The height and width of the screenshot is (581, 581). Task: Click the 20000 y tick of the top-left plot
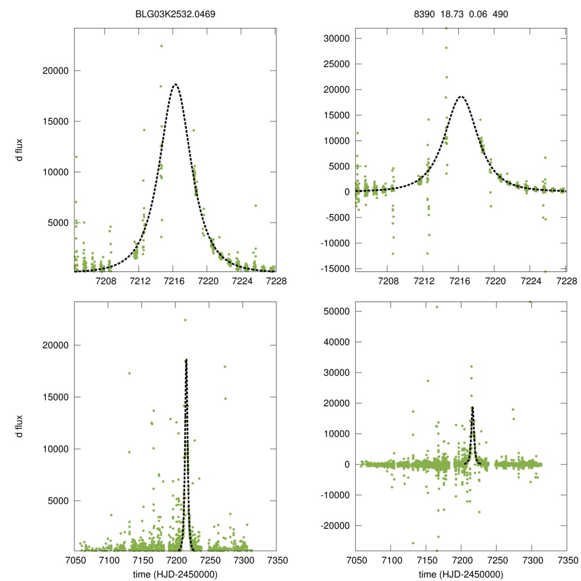[x=56, y=70]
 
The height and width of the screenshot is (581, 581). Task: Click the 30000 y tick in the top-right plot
[x=335, y=39]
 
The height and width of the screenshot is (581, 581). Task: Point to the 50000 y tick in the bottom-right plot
[x=335, y=311]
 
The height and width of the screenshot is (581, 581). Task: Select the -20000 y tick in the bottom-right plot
[x=334, y=526]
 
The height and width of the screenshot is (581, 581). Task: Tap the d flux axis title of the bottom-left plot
[x=19, y=427]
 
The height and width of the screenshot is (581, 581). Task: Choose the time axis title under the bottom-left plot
[x=175, y=574]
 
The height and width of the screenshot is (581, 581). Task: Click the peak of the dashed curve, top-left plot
[x=175, y=84]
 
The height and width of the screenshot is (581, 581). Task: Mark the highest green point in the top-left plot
[x=161, y=46]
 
